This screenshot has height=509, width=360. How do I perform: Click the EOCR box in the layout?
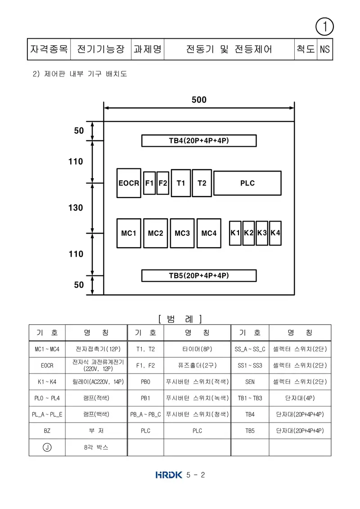coord(129,183)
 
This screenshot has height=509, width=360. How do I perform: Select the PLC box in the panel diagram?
coord(247,183)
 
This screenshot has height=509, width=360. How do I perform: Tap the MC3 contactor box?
coord(182,233)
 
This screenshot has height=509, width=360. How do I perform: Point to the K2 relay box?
coord(249,233)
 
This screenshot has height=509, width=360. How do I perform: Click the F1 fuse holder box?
coord(149,183)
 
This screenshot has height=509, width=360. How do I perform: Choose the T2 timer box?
coord(202,183)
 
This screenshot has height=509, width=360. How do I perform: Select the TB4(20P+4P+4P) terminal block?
coord(199,140)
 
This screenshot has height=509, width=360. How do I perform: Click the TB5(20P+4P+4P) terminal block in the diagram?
coord(199,275)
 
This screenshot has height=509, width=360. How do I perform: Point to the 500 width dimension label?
coord(199,99)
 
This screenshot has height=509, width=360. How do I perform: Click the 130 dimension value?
coord(76,208)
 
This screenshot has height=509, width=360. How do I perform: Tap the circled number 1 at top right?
coord(324,27)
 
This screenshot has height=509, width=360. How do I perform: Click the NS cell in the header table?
coord(325,49)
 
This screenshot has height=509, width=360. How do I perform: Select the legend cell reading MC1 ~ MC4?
coord(47,349)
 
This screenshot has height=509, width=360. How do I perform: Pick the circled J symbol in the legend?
coord(47,447)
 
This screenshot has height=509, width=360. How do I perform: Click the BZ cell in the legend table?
coord(47,431)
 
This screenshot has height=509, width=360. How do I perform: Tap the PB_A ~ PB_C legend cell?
coord(145,414)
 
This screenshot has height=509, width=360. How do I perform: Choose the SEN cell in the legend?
coord(250,382)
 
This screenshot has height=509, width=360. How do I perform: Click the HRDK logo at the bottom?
coord(169,475)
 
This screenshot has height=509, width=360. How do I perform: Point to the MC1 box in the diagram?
coord(129,233)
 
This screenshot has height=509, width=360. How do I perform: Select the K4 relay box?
coord(275,233)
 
